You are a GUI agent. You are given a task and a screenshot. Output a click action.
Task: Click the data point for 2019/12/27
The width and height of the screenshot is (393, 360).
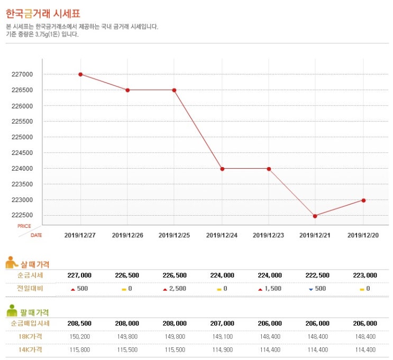pyautogui.click(x=80, y=74)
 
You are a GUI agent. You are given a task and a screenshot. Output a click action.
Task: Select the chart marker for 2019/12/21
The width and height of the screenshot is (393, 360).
pyautogui.click(x=315, y=216)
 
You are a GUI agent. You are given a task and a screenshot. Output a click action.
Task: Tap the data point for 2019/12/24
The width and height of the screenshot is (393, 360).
pyautogui.click(x=222, y=169)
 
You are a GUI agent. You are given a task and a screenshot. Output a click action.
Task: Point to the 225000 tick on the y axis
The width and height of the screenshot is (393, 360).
pyautogui.click(x=22, y=137)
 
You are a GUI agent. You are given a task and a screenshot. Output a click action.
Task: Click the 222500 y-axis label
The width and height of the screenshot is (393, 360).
pyautogui.click(x=22, y=216)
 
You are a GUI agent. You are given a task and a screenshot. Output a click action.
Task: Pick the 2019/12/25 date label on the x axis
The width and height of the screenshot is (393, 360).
pyautogui.click(x=174, y=235)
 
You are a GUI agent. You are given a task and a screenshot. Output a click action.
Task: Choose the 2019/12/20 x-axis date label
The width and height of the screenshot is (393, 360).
pyautogui.click(x=363, y=235)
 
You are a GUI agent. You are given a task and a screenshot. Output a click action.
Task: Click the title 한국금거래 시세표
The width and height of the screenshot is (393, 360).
pyautogui.click(x=43, y=13)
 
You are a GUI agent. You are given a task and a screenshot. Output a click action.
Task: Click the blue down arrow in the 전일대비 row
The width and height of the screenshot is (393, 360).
pyautogui.click(x=311, y=290)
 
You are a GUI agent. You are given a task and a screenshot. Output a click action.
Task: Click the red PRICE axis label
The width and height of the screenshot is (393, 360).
pyautogui.click(x=24, y=226)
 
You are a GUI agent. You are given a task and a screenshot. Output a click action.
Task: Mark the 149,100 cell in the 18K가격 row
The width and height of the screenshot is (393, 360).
pyautogui.click(x=222, y=336)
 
